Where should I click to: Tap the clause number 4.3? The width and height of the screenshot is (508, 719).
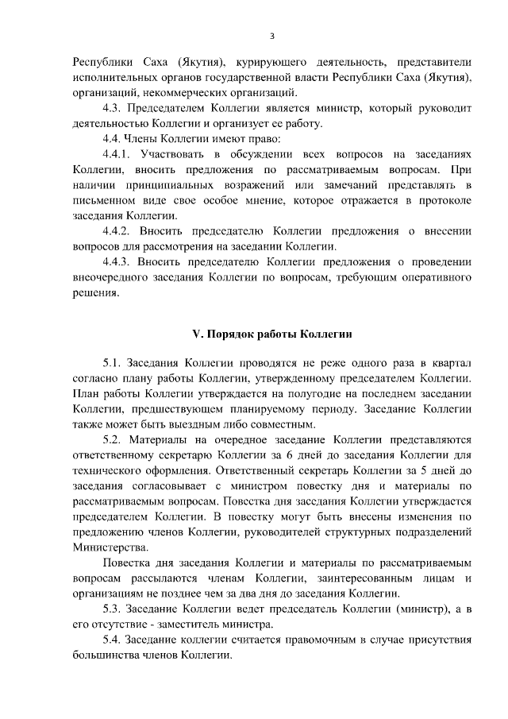tap(114, 108)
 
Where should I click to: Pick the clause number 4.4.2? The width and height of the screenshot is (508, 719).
tap(117, 231)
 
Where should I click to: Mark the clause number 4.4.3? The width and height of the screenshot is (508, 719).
tap(117, 261)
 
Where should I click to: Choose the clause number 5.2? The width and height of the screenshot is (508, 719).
tap(114, 441)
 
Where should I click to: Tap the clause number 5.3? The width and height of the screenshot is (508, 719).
tap(114, 609)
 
